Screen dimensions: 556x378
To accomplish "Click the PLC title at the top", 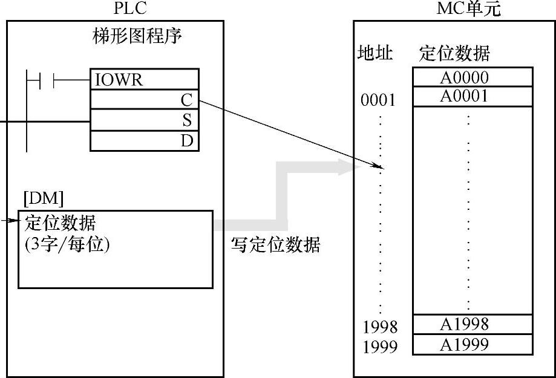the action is coord(130,8).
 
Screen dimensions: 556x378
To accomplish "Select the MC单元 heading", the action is coord(469,8).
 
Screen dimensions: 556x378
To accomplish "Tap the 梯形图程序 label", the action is coord(137,36).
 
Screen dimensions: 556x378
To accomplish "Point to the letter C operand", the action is coord(186,100).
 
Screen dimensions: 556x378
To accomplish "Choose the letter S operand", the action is coord(186,120).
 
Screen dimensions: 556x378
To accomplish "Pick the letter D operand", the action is coord(186,141).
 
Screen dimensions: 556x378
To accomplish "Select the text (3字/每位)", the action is coord(67,246).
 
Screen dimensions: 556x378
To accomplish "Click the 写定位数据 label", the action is coord(276,245).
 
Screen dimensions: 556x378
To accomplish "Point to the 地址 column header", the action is coord(375,54).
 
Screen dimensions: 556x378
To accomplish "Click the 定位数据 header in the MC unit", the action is coord(454,54).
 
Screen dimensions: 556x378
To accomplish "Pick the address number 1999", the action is coord(380,347).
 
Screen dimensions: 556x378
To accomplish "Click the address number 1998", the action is coord(380,327).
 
